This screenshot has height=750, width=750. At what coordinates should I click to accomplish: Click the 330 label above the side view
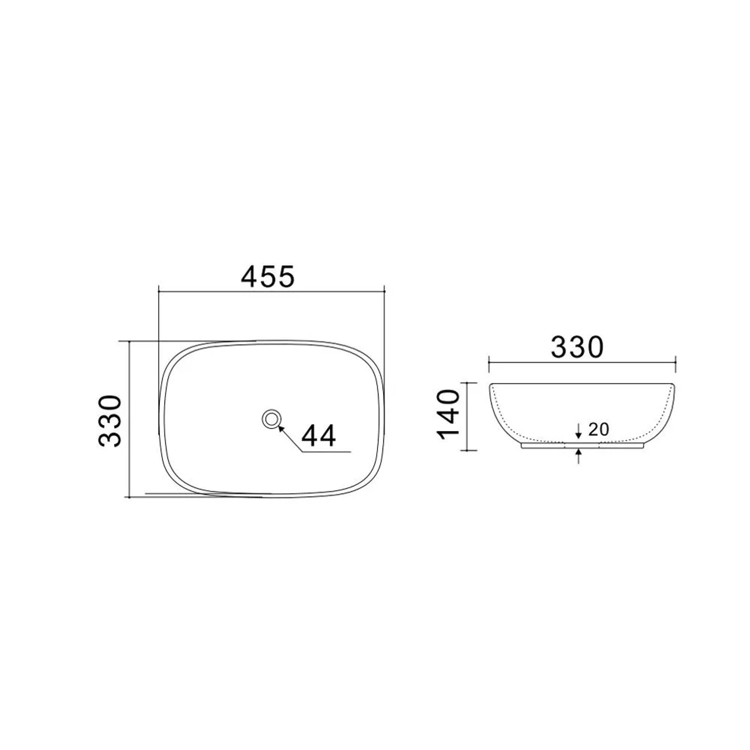point(577,347)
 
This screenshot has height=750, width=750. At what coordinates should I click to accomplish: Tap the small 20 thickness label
point(598,429)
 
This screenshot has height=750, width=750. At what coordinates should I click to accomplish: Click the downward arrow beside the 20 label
point(578,431)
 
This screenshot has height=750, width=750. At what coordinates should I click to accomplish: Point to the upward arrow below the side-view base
point(578,456)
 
